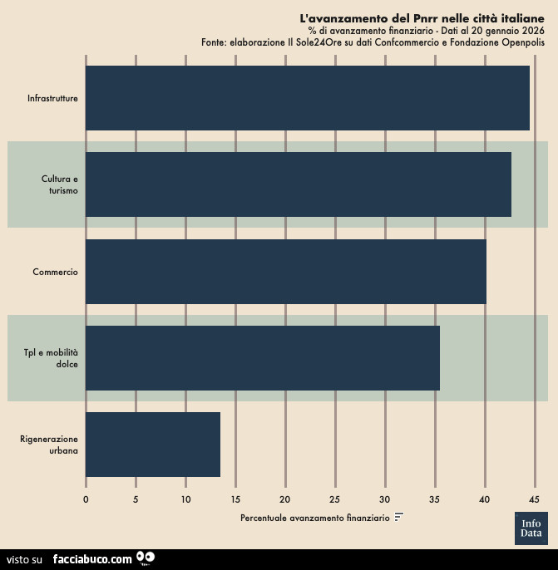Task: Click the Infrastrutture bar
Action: point(307,98)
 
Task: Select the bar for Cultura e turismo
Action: point(298,184)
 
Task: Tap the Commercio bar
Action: point(285,272)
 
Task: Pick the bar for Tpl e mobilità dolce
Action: point(262,358)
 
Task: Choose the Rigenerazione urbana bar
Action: point(152,445)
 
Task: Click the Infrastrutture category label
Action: point(52,98)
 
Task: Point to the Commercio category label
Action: point(55,272)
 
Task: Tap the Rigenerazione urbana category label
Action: point(49,445)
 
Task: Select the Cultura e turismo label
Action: point(60,184)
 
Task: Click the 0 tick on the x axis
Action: point(86,499)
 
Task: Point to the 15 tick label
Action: point(235,499)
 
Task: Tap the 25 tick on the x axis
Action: point(334,499)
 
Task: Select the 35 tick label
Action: point(434,499)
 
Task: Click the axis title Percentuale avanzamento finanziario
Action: point(314,518)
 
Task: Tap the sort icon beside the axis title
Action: point(399,518)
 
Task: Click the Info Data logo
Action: point(531,528)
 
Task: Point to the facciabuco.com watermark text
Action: point(92,559)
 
